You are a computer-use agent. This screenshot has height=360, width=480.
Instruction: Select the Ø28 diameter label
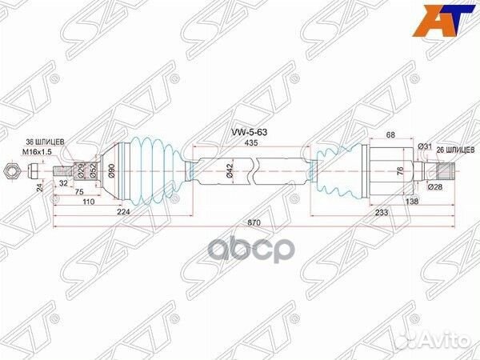coord(434,187)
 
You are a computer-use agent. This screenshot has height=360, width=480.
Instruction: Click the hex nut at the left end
coord(10,170)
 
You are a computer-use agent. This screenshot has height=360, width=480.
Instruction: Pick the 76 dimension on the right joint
coord(399,171)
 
